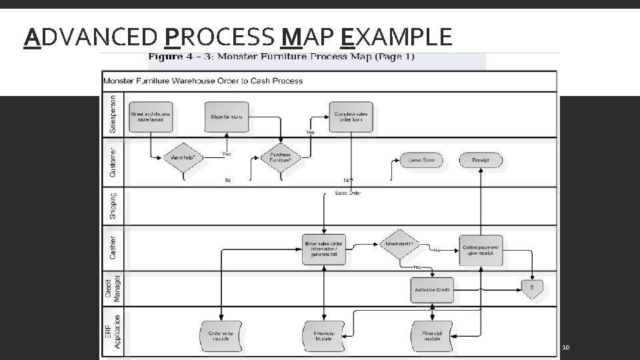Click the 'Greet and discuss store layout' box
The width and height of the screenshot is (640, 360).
pos(151,117)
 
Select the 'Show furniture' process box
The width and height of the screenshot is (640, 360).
pos(227,117)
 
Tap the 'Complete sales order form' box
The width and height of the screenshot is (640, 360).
pos(351,117)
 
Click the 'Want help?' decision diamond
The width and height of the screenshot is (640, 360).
pos(183,158)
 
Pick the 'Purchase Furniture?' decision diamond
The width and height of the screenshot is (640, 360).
pos(281,158)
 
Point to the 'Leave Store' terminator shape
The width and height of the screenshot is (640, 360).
pos(421,161)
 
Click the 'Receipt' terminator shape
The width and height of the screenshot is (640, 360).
pos(481,161)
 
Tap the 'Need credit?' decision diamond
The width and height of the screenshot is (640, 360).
pos(400,245)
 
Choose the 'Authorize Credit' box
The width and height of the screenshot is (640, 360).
pos(432,289)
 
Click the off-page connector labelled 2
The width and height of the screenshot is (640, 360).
pos(532,289)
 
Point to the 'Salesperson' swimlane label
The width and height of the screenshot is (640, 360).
pos(112,115)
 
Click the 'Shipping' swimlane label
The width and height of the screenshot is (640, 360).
pos(112,206)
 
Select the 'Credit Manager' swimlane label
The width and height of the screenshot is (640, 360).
pos(112,288)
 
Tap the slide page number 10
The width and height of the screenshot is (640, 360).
pos(566,348)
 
